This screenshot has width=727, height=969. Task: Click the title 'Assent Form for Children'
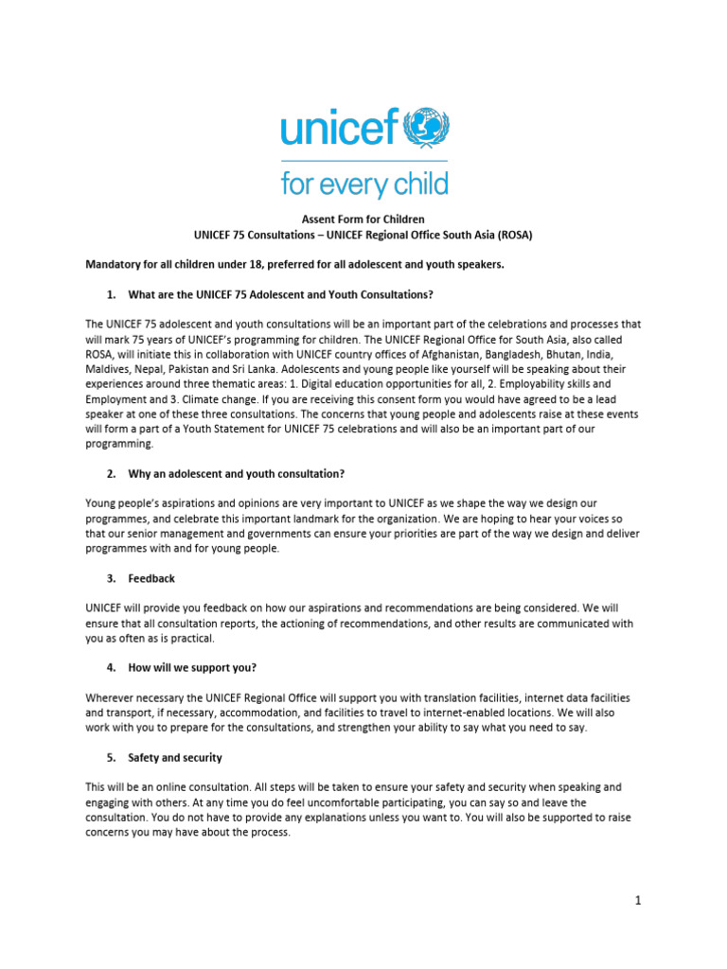pos(363,219)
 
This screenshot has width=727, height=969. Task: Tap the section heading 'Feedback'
pos(151,578)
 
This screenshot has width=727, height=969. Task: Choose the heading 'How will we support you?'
pos(193,667)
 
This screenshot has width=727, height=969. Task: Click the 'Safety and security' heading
pos(175,758)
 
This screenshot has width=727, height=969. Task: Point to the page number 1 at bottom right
pos(638,900)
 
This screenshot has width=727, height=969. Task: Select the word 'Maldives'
pos(108,368)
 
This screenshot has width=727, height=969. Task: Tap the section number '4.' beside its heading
pos(111,667)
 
